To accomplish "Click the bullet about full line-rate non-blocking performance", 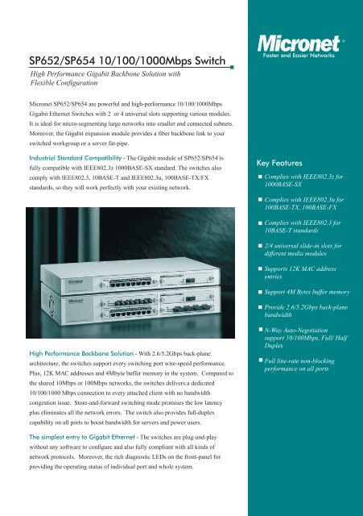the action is pos(308,372).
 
